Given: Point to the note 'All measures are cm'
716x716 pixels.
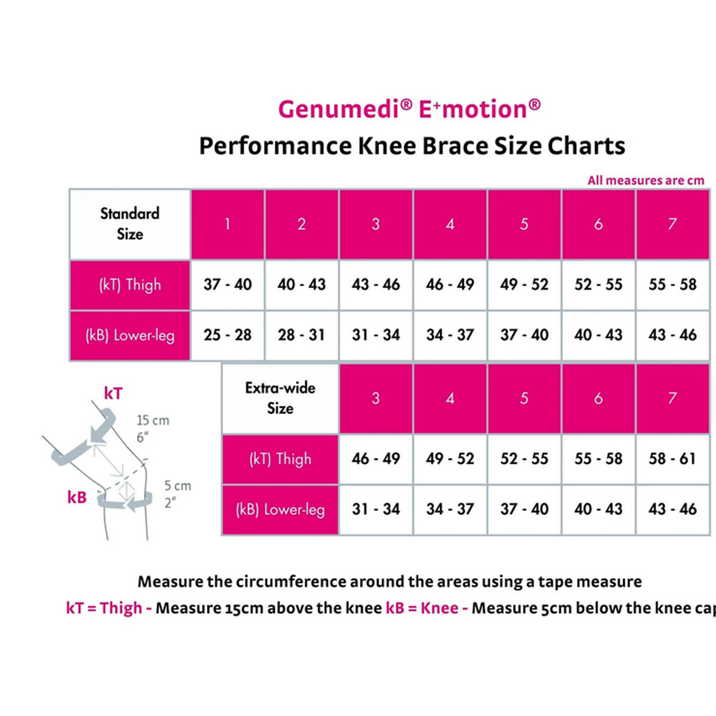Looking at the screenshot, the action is point(646,180).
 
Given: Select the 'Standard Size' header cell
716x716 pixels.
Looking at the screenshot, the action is point(130,224).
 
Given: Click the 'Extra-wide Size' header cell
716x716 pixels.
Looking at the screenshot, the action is point(280,398).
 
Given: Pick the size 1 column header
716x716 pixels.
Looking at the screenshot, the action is point(228,224).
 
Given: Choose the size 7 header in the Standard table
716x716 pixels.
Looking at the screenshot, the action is point(672,224).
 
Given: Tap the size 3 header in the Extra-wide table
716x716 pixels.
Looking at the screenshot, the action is point(376,398).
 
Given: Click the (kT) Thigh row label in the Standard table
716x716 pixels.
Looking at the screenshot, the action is point(130,285).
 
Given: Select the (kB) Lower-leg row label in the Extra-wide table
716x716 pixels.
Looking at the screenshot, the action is point(280,510).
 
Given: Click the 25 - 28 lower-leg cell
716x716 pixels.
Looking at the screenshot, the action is point(228,335).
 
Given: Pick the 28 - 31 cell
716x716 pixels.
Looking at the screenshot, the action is point(302,335).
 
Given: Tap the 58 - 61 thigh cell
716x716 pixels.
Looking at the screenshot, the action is point(672,459).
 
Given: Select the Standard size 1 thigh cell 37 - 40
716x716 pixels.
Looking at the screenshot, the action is point(228,285).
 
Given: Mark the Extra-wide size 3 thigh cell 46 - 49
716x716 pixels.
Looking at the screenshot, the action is point(376,459).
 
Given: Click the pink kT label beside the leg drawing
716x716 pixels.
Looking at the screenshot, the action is point(113,393).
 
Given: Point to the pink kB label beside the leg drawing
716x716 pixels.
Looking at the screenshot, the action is point(77,497).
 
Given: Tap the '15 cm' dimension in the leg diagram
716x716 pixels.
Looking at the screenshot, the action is point(153,420).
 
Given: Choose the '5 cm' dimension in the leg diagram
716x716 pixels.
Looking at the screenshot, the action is point(177,486).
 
